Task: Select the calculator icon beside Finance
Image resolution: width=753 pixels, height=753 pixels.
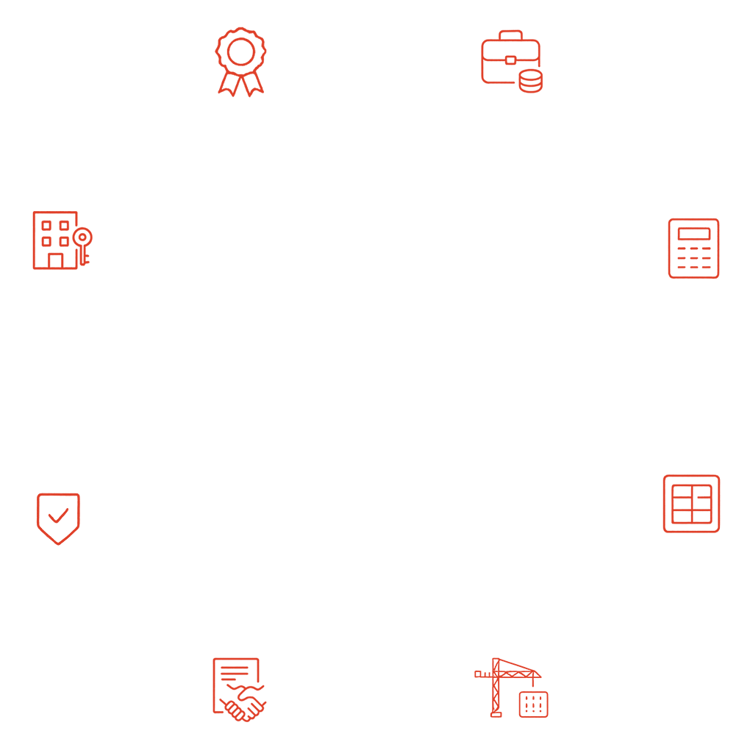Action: click(x=693, y=248)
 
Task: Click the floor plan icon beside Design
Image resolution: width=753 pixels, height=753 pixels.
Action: click(x=691, y=503)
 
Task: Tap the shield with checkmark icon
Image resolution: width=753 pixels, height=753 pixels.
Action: click(x=58, y=518)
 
